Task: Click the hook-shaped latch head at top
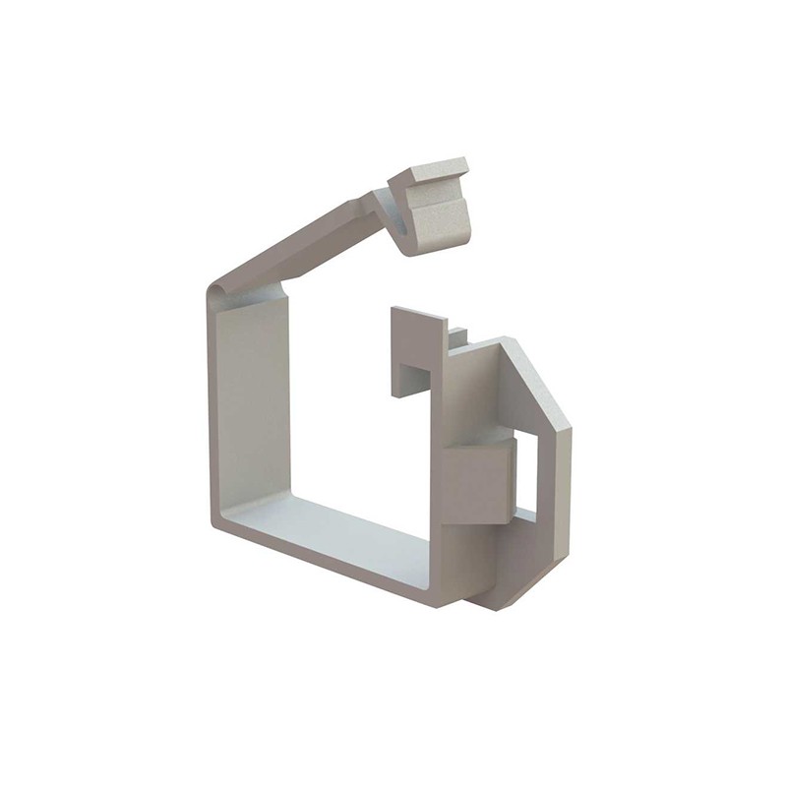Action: point(431,206)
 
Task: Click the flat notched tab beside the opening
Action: point(417,339)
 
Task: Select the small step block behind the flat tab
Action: point(457,338)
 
